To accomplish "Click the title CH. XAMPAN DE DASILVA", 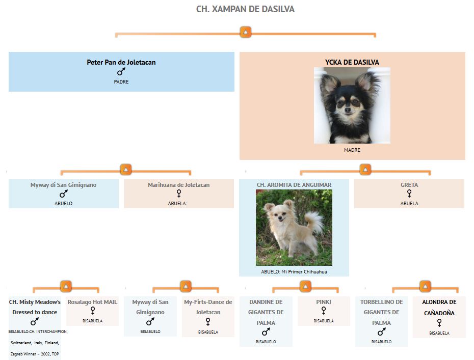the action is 245,9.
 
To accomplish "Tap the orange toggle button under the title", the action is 246,32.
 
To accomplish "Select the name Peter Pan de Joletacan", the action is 121,62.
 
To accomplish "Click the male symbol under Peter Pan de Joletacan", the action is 121,72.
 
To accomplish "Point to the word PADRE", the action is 121,82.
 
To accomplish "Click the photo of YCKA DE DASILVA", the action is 352,105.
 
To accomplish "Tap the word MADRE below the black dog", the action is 352,150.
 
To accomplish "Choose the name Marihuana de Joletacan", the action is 179,185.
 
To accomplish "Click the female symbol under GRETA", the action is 409,193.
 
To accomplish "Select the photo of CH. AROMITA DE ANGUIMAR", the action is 294,228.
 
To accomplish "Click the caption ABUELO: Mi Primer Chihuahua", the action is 294,272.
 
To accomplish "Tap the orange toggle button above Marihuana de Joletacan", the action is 126,170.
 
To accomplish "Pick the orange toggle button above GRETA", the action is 365,170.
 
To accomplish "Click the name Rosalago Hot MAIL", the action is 92,302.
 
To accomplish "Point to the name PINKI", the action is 324,302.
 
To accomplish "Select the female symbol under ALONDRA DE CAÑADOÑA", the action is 439,323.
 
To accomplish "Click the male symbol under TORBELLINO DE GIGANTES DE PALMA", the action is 382,332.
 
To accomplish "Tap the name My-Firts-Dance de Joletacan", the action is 208,307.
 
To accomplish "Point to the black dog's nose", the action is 348,110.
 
